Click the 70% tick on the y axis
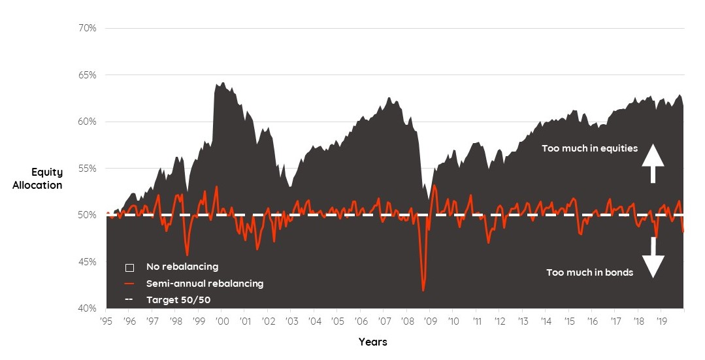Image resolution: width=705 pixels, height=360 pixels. (87, 28)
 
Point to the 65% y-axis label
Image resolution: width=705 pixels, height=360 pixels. (87, 75)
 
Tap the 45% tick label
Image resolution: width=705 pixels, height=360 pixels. (87, 262)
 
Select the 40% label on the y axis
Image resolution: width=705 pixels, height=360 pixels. (87, 308)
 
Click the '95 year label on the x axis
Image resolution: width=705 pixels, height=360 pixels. (107, 321)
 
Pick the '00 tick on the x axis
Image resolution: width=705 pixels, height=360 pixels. (222, 321)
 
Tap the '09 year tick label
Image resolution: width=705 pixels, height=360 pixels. (431, 321)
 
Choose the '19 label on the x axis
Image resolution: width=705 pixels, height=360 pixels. (661, 321)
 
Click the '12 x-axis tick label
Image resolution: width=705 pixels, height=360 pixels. (500, 321)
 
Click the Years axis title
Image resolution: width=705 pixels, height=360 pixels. (372, 342)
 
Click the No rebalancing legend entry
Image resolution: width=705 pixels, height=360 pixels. (182, 267)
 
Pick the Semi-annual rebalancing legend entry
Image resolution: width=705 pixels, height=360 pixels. (205, 284)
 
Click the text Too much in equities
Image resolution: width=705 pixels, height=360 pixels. (589, 148)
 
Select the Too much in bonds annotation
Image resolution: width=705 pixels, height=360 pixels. (589, 272)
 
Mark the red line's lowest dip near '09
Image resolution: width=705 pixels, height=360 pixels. (423, 290)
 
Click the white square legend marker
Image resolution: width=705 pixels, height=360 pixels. (130, 267)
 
